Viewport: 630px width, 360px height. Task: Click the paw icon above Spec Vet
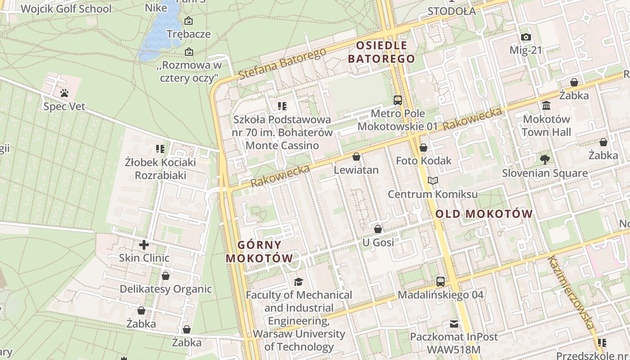click(x=64, y=93)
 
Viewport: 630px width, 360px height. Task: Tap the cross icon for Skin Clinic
click(x=144, y=245)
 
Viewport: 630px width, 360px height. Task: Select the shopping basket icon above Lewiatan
click(x=356, y=157)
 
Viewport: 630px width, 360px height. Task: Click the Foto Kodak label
click(x=423, y=161)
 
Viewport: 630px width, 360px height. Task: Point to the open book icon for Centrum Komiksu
click(x=433, y=180)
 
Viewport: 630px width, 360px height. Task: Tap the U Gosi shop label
click(x=378, y=243)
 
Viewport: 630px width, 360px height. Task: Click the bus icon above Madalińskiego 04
click(x=441, y=282)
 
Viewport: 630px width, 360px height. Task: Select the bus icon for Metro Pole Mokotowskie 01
click(x=397, y=100)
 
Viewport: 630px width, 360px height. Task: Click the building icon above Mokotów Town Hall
click(x=546, y=105)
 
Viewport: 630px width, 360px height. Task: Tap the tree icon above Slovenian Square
click(x=544, y=159)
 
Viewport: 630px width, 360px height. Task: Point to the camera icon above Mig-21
click(x=526, y=37)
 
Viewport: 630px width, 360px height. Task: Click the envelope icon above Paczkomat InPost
click(x=454, y=324)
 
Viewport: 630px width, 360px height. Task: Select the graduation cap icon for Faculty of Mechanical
click(x=298, y=282)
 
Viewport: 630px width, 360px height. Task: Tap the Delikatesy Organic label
click(x=166, y=289)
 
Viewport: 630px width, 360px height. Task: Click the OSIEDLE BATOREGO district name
click(x=382, y=52)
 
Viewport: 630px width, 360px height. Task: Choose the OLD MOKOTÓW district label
click(x=484, y=214)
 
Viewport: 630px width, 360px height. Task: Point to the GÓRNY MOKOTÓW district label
click(x=259, y=252)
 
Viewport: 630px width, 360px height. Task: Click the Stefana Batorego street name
click(x=282, y=64)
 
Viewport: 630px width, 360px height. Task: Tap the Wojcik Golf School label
click(x=66, y=9)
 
